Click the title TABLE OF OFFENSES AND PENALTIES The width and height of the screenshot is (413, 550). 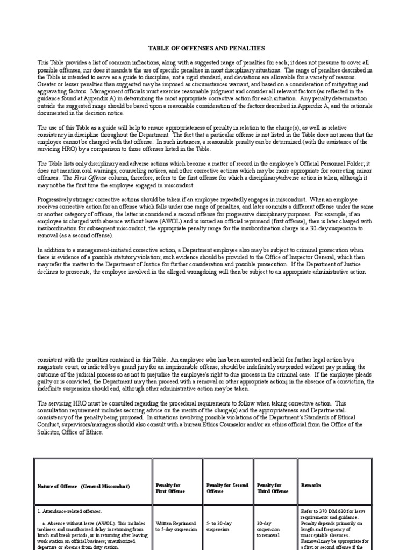click(206, 48)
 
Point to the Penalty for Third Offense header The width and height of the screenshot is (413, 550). click(270, 488)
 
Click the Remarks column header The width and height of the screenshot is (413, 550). click(311, 485)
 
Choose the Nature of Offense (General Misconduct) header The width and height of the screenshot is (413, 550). click(84, 486)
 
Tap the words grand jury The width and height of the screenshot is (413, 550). click(120, 367)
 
